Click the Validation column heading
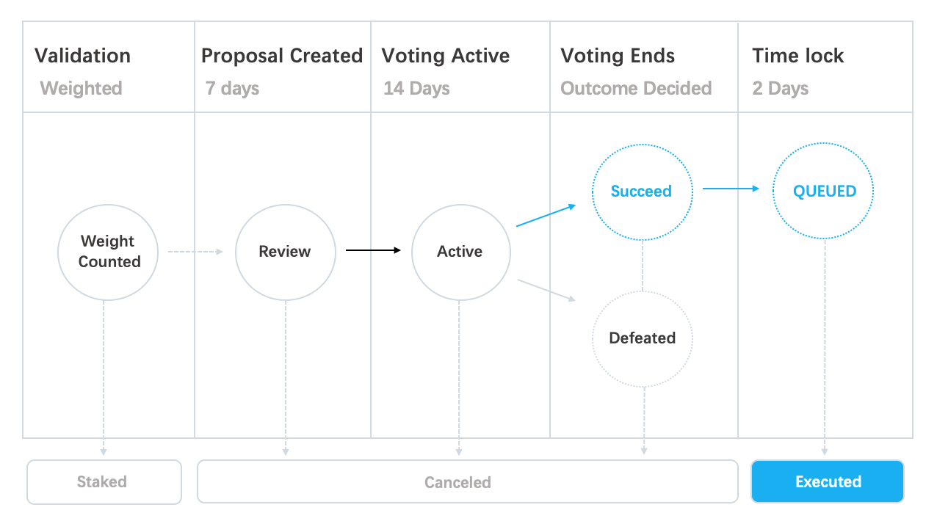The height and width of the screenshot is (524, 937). pyautogui.click(x=82, y=56)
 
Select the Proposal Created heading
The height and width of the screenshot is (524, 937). pyautogui.click(x=282, y=56)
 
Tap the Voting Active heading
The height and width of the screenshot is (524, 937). pyautogui.click(x=446, y=56)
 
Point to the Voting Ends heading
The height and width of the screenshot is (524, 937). pyautogui.click(x=618, y=56)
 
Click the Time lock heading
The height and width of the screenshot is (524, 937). pyautogui.click(x=797, y=56)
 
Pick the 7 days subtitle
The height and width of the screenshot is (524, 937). pyautogui.click(x=232, y=89)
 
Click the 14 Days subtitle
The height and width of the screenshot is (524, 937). pyautogui.click(x=416, y=89)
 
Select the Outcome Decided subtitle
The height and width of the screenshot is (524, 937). pyautogui.click(x=636, y=88)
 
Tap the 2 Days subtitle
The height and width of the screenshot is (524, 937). pyautogui.click(x=780, y=89)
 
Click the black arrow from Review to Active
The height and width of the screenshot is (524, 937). pyautogui.click(x=373, y=250)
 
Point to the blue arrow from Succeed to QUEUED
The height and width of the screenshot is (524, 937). pyautogui.click(x=731, y=189)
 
